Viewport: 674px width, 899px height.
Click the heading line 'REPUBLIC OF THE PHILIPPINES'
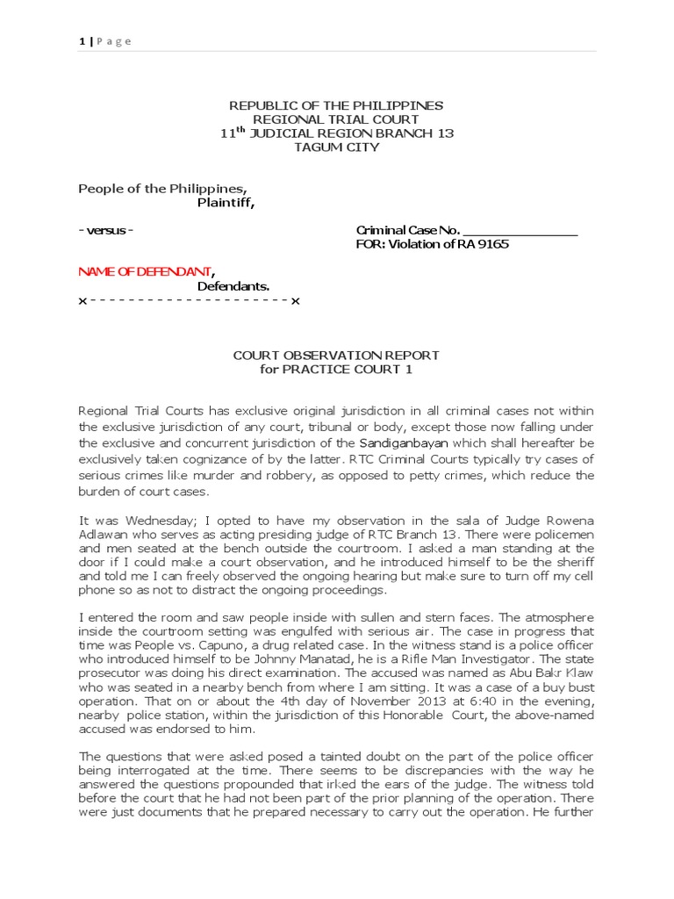pyautogui.click(x=336, y=105)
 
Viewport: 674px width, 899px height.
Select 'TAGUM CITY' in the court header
pyautogui.click(x=336, y=147)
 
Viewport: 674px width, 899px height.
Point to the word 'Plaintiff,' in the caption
pyautogui.click(x=226, y=203)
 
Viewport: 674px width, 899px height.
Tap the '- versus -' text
pyautogui.click(x=106, y=230)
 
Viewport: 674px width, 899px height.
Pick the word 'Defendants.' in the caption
pyautogui.click(x=233, y=286)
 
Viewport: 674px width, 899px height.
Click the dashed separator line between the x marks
pyautogui.click(x=189, y=301)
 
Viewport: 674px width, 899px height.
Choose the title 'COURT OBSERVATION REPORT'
pyautogui.click(x=336, y=356)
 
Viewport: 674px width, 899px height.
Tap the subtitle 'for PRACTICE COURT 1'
pyautogui.click(x=336, y=370)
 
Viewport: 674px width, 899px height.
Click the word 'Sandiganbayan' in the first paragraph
pyautogui.click(x=400, y=442)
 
